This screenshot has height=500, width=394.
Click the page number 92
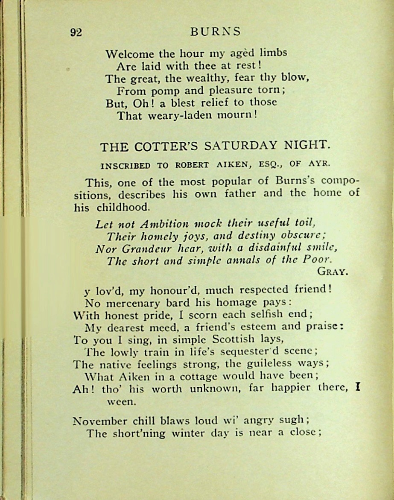(x=76, y=33)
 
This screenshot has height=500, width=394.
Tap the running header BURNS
(x=216, y=32)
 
